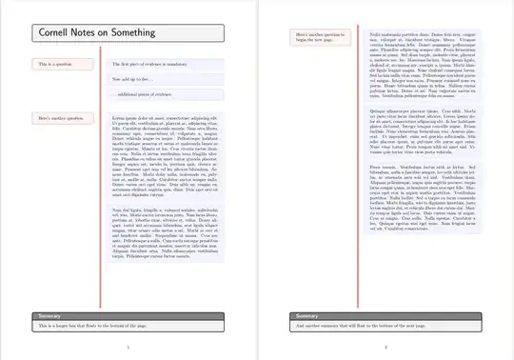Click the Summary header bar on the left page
(x=128, y=315)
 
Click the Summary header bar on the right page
(x=385, y=315)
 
